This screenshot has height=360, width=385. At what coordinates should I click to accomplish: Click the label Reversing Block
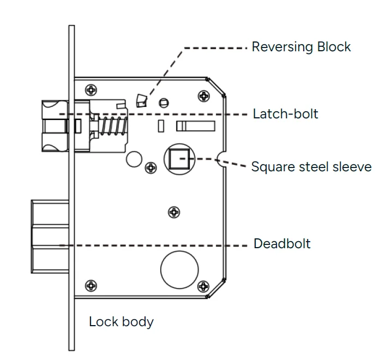301,47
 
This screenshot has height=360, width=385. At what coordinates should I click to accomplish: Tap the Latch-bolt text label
285,115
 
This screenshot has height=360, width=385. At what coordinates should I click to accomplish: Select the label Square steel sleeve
311,166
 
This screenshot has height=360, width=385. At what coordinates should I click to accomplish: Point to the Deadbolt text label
282,244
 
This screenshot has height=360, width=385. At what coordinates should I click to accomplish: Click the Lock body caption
121,322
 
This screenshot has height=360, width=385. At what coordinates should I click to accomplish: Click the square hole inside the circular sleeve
178,159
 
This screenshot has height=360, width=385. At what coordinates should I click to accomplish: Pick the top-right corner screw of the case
204,96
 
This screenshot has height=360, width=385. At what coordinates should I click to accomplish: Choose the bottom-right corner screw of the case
203,285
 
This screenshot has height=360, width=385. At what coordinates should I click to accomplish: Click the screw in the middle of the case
174,212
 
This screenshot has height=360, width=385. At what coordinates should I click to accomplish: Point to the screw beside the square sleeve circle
150,168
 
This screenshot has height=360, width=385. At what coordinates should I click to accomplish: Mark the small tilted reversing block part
141,100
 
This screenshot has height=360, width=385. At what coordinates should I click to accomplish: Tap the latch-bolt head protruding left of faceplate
53,127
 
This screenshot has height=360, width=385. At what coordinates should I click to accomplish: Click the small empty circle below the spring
133,159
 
